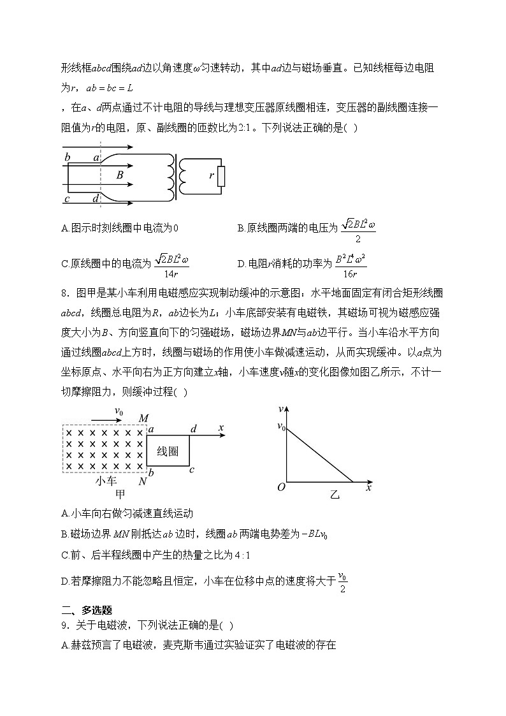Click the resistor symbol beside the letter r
pos(221,175)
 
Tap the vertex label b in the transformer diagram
pos(67,157)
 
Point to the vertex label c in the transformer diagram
pos(67,198)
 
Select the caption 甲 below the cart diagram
pos(119,495)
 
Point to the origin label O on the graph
pos(281,488)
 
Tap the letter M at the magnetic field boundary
pos(144,418)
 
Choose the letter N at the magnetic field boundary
pos(143,482)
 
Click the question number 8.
pos(64,293)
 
